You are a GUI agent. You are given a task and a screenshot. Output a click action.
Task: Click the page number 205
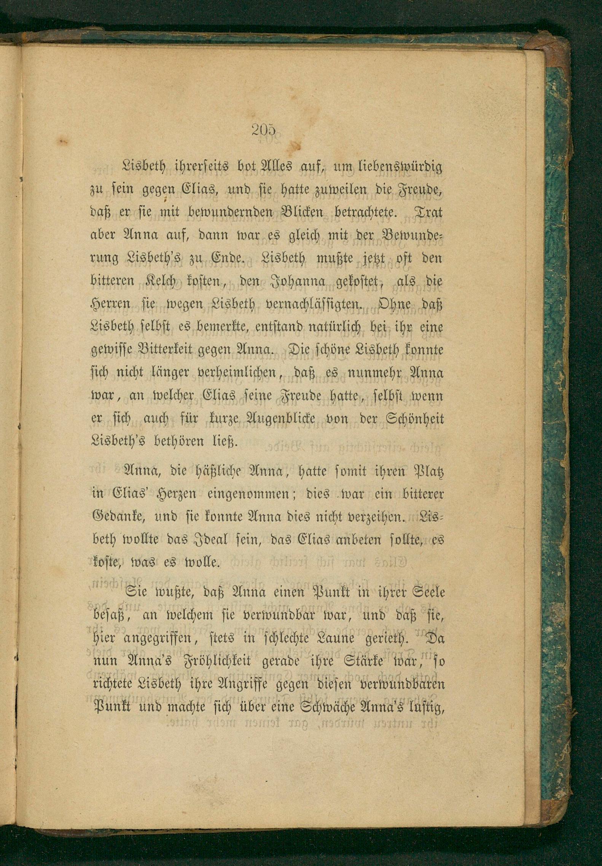pyautogui.click(x=263, y=131)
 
